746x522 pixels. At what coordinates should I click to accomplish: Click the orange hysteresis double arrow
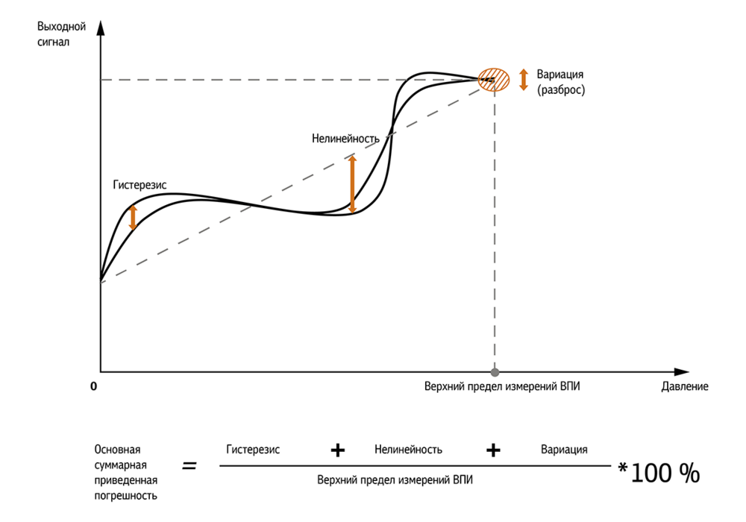tap(134, 217)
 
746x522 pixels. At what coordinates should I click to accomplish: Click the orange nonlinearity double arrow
tap(352, 184)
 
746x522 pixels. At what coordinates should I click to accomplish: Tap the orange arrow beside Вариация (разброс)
tap(524, 79)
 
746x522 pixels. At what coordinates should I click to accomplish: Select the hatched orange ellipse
tap(494, 79)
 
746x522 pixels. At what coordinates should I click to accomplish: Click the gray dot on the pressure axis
tap(495, 372)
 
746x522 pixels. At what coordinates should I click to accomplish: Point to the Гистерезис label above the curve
tap(140, 184)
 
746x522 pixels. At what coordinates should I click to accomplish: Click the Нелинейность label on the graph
tap(345, 139)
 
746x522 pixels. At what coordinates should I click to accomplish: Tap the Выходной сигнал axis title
tap(61, 34)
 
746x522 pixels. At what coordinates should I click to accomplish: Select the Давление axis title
tap(685, 386)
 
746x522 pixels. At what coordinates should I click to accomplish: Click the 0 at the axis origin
tap(94, 386)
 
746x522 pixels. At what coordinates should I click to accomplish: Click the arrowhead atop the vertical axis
tap(101, 28)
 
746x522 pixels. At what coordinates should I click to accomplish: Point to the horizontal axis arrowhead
tap(681, 372)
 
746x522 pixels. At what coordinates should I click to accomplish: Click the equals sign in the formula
tap(189, 465)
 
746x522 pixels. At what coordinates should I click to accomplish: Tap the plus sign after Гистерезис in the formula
tap(338, 450)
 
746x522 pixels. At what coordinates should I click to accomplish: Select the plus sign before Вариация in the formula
tap(493, 450)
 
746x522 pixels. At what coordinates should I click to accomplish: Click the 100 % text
tap(665, 473)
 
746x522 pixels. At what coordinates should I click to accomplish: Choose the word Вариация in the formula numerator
tap(564, 449)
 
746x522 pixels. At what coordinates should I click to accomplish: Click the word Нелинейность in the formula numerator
tap(408, 449)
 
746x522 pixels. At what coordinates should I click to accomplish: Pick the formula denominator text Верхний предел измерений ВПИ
tap(395, 480)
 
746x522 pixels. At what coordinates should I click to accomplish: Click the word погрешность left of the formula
tap(125, 496)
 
